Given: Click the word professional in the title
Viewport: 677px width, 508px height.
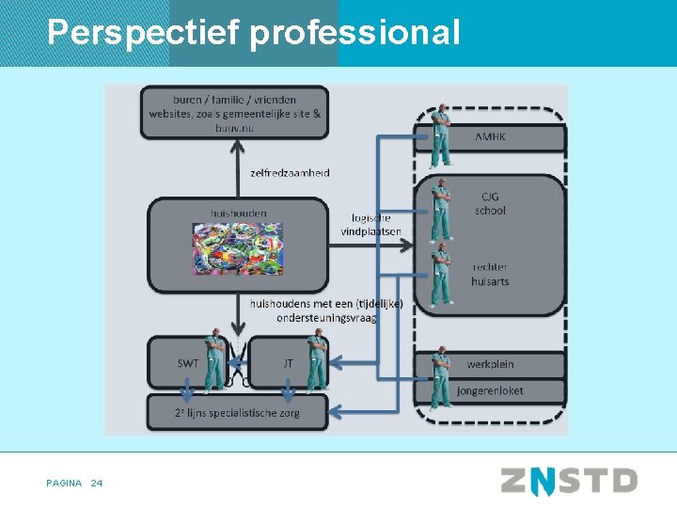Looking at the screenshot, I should click(x=355, y=33).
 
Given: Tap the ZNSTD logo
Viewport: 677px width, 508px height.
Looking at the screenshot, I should click(x=569, y=482).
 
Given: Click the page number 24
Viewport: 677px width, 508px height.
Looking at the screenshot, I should click(x=97, y=484).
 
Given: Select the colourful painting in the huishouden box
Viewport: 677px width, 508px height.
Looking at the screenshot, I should click(x=237, y=248).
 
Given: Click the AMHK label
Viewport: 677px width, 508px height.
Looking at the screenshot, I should click(x=490, y=137).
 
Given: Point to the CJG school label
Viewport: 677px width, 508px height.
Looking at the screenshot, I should click(x=490, y=203).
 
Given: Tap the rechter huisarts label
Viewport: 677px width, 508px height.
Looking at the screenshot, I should click(x=490, y=274).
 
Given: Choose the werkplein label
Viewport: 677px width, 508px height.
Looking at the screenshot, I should click(x=491, y=364).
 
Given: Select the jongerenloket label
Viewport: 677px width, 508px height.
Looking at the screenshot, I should click(x=490, y=389).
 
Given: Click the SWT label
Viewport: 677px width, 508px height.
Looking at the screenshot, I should click(x=188, y=363).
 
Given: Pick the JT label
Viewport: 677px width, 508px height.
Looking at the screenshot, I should click(x=288, y=363).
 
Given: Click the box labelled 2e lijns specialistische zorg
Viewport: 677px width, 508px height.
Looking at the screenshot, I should click(x=237, y=411).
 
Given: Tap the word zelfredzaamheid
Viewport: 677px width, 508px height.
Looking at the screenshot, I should click(x=290, y=173).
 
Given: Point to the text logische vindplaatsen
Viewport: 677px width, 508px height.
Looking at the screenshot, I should click(x=370, y=225).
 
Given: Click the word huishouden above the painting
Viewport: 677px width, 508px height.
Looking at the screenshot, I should click(x=239, y=214).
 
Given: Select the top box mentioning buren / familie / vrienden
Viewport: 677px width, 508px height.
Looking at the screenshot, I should click(x=234, y=112).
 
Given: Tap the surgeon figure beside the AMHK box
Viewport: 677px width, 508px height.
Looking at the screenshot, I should click(x=439, y=136).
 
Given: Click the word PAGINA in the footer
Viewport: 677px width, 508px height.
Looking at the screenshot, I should click(x=63, y=484).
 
